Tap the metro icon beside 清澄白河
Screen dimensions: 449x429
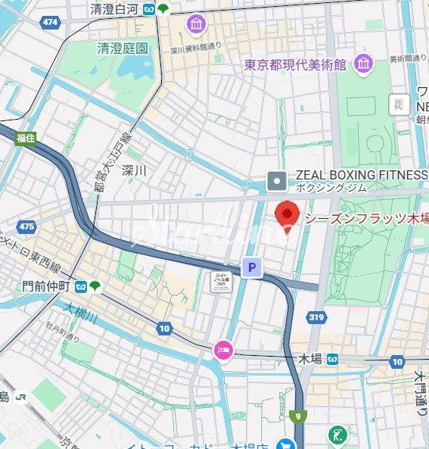[x=151, y=9]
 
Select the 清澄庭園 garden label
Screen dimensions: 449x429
[x=122, y=48]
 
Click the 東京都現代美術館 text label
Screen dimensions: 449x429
[x=296, y=65]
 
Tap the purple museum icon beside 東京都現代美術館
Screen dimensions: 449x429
[x=364, y=64]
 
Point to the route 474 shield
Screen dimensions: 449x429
[x=51, y=23]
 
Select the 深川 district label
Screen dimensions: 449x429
[x=133, y=170]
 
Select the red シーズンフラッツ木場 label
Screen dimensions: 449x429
[x=366, y=218]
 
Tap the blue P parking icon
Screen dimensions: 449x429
[x=251, y=267]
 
